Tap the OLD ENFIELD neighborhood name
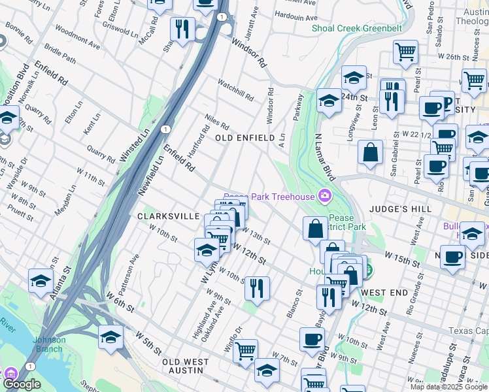coord(245,138)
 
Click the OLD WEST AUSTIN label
coord(185,366)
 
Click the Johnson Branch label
coord(50,343)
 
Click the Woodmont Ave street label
coord(77,39)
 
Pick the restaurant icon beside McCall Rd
coord(182,29)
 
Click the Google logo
coord(22,384)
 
